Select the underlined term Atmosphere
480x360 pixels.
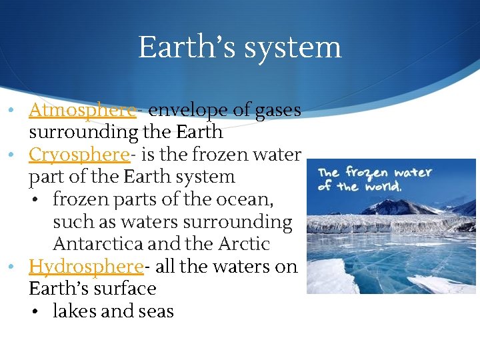tap(83, 110)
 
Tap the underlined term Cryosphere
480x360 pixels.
tap(79, 155)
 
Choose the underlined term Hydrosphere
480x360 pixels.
tap(86, 267)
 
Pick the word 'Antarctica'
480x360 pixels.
tap(104, 244)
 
